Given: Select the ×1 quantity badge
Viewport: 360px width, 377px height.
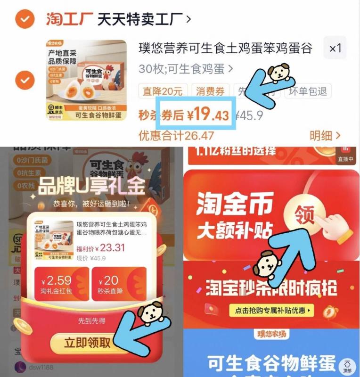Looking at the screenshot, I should click(335, 48).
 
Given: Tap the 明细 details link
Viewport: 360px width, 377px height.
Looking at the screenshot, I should click(325, 136).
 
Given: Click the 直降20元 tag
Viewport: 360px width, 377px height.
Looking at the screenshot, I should click(163, 90).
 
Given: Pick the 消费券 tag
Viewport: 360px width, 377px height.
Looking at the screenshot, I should click(211, 90).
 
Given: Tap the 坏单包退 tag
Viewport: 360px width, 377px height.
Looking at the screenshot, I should click(308, 90).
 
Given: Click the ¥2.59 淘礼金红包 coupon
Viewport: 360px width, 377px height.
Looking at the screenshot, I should click(61, 284).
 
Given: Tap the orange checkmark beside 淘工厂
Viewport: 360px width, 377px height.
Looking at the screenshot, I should click(24, 19).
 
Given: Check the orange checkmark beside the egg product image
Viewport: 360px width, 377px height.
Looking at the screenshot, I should click(24, 80).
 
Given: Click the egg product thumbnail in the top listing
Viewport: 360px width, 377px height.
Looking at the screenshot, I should click(86, 80).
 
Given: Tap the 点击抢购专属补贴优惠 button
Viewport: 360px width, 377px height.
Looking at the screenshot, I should click(270, 311).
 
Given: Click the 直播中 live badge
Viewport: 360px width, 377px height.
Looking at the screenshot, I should click(345, 156).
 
